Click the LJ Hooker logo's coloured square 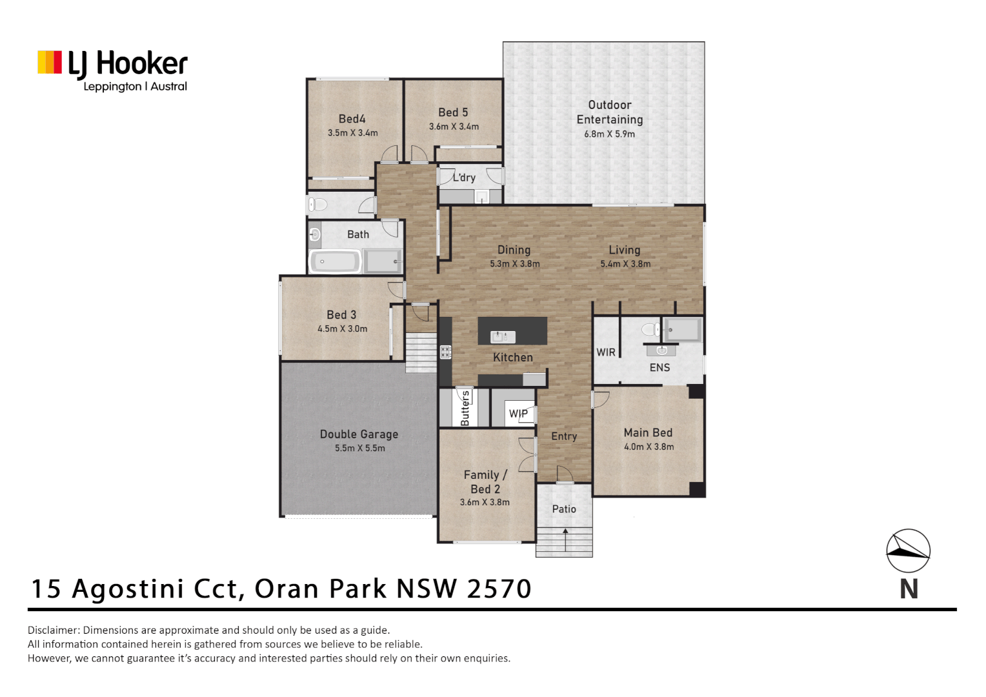tap(50, 63)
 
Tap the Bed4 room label tap(352, 119)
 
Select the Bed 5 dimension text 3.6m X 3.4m tap(454, 127)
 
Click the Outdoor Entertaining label tap(609, 112)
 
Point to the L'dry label tap(464, 177)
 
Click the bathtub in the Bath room tap(334, 261)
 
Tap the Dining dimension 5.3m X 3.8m tap(514, 264)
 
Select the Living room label tap(624, 250)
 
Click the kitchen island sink tap(503, 337)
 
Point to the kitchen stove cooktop tap(446, 352)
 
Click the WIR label tap(605, 352)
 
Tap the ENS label tap(659, 367)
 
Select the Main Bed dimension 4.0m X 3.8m tap(649, 447)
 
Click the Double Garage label tap(359, 434)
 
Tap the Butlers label tap(465, 409)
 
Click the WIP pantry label tap(518, 414)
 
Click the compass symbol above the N tap(908, 551)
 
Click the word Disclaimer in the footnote tap(54, 630)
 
